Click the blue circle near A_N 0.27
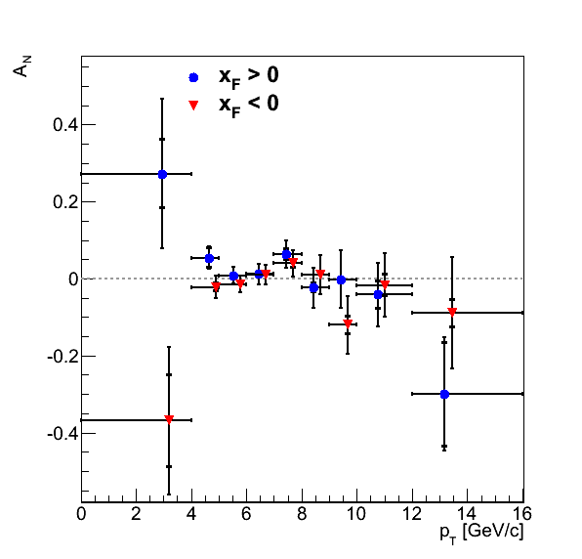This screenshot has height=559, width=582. tap(162, 174)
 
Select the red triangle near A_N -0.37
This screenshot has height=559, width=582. tap(169, 419)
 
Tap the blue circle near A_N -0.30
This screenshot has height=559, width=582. tap(444, 395)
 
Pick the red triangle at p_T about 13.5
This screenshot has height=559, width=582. tap(452, 312)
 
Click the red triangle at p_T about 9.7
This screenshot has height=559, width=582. tap(348, 323)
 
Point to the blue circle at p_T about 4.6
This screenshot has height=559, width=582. tap(209, 258)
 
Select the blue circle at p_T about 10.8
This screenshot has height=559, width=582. tap(378, 294)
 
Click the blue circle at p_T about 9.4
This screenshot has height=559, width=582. tap(341, 280)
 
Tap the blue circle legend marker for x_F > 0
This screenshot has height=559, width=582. tap(193, 77)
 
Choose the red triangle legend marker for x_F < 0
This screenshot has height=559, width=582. tap(193, 106)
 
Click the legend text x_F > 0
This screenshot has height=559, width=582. tap(249, 77)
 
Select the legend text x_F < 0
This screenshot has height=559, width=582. tap(249, 106)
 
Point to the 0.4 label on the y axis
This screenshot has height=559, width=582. tap(65, 125)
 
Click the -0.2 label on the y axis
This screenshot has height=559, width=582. tap(62, 357)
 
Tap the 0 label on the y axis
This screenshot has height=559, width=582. tap(73, 279)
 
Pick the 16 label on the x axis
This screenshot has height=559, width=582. tap(521, 514)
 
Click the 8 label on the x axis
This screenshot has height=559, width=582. tap(302, 514)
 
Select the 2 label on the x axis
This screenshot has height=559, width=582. tap(136, 514)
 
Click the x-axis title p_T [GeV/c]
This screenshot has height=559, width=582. tap(481, 534)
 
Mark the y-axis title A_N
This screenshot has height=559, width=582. tap(21, 66)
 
